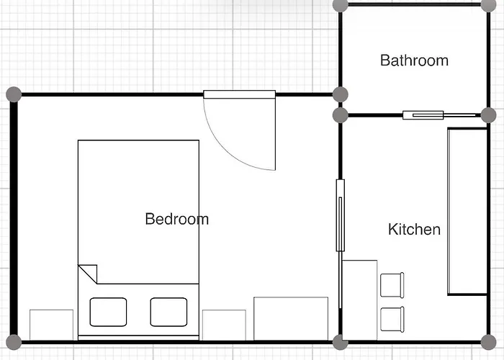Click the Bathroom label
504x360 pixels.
pos(414,60)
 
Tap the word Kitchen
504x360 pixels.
pos(414,229)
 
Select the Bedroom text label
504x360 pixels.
pos(177,219)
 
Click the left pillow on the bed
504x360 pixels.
pos(108,312)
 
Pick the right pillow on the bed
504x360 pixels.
pos(168,312)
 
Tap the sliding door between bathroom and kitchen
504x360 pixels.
pos(439,115)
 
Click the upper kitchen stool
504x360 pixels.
pos(392,285)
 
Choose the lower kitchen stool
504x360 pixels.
pos(392,320)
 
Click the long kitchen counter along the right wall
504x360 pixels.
pos(467,211)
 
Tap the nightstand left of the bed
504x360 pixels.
pos(51,325)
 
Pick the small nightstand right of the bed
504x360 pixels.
pos(224,325)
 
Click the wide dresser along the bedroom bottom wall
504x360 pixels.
pos(291,318)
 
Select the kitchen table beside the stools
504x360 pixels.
pos(360,300)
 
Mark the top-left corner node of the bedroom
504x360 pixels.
pos(14,94)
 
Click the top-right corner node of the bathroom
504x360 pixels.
pos(489,5)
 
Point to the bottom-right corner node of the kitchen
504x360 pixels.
pos(489,342)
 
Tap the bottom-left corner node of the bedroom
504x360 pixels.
pos(14,342)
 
